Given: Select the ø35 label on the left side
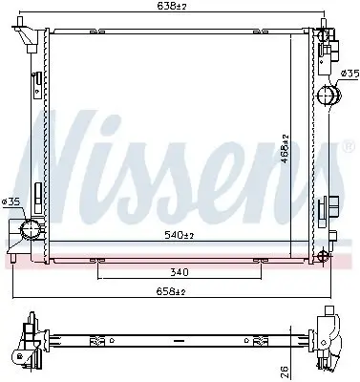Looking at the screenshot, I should tap(11, 202).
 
